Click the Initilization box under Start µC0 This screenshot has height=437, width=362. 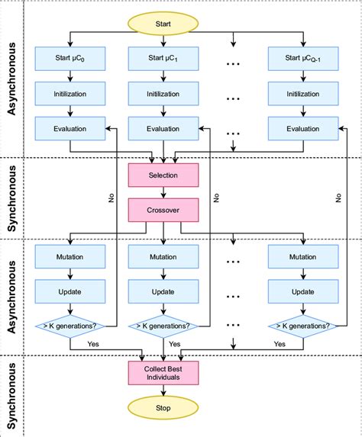coord(70,95)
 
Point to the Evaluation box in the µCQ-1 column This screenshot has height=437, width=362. coord(303,128)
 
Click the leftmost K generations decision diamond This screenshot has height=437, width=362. coord(70,326)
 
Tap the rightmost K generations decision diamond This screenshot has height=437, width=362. coord(303,326)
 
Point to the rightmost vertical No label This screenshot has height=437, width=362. coord(338,197)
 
